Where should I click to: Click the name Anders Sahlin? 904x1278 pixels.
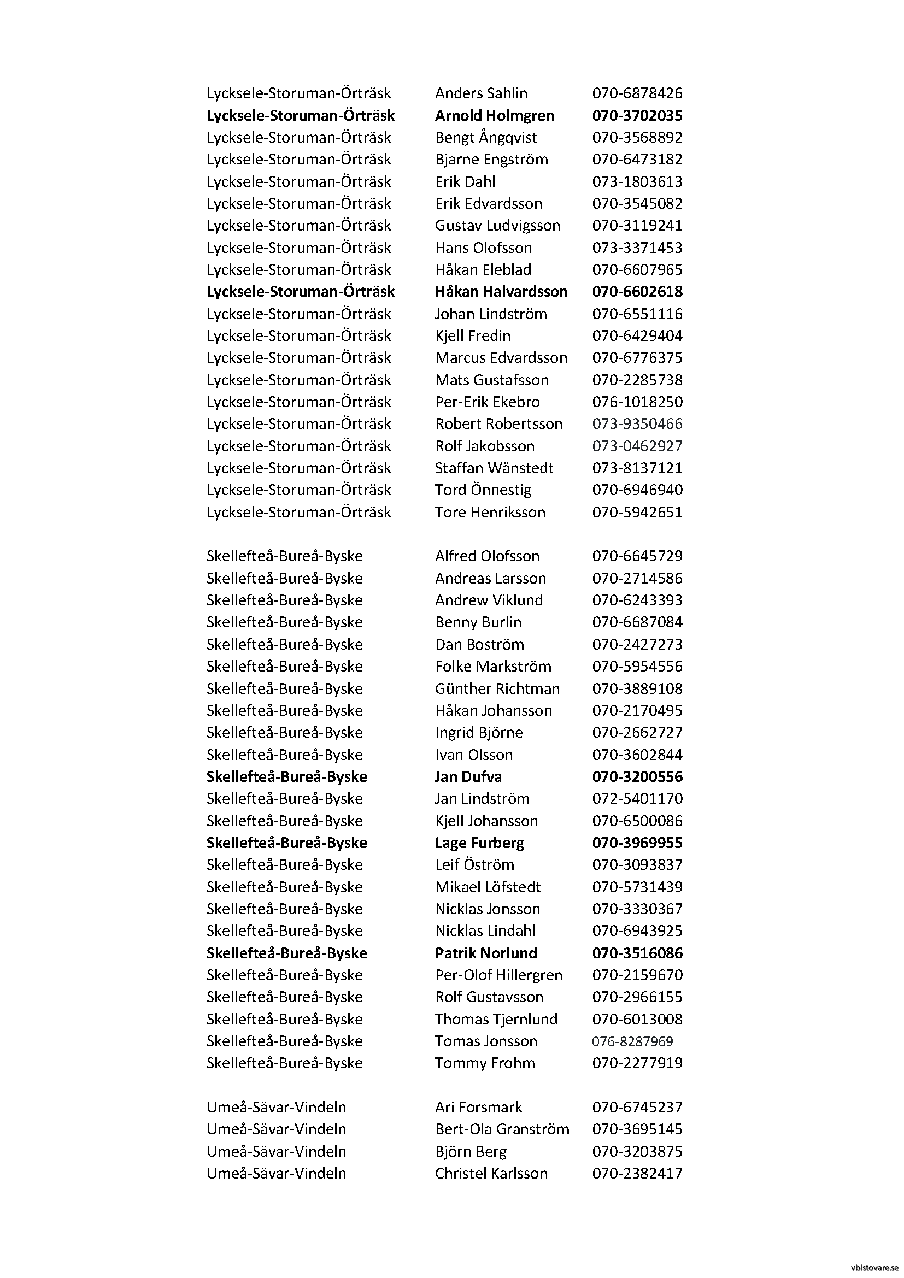(x=481, y=93)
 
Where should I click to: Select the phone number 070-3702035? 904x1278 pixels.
(x=637, y=115)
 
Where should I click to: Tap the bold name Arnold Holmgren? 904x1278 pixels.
(x=494, y=115)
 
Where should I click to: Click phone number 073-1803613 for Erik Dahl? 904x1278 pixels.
(x=637, y=181)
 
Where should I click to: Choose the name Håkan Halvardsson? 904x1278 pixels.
(x=501, y=291)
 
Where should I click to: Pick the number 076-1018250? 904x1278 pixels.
(x=637, y=402)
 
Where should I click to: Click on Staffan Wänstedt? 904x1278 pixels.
(x=494, y=468)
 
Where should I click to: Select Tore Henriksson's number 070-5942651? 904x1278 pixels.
(x=637, y=512)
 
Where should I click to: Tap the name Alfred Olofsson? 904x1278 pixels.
(x=487, y=556)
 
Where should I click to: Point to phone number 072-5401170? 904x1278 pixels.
(x=637, y=798)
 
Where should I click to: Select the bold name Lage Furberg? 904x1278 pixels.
(x=479, y=843)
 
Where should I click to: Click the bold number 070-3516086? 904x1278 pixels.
(x=637, y=953)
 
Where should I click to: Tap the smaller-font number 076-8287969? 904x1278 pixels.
(x=632, y=1041)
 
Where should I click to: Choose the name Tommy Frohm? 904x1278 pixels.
(x=484, y=1063)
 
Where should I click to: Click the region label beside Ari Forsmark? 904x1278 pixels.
(x=276, y=1107)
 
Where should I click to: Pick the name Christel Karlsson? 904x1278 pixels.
(x=491, y=1173)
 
